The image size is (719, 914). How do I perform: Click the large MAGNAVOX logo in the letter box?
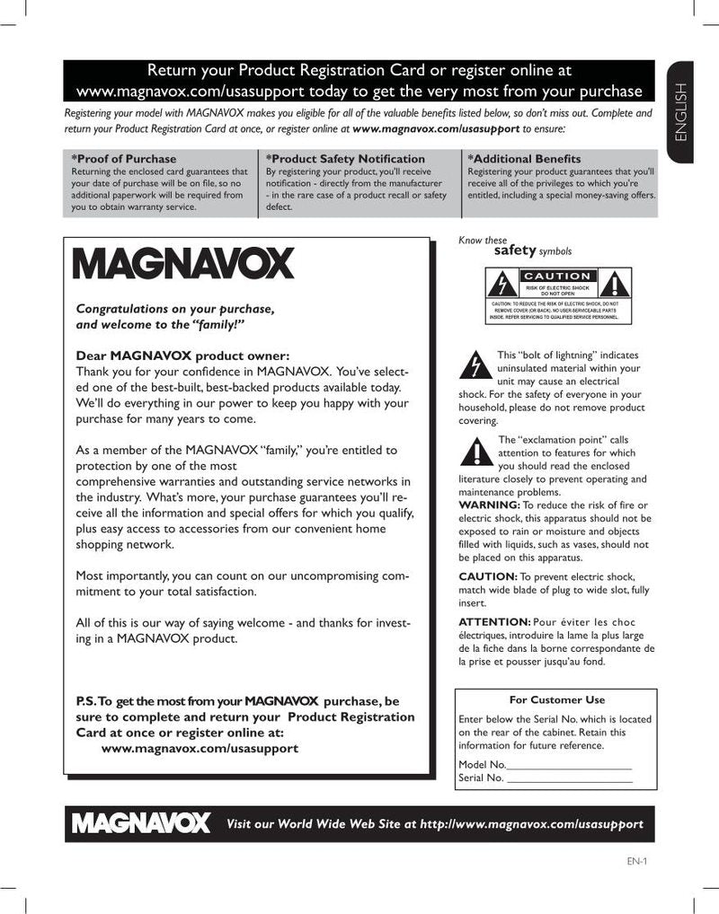point(183,262)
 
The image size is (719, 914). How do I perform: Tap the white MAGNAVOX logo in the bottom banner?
point(142,822)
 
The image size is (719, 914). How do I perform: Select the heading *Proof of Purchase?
point(124,159)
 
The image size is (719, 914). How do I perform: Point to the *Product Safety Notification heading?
point(345,159)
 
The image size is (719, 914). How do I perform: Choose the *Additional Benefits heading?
point(524,159)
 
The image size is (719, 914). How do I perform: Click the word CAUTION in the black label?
point(557,276)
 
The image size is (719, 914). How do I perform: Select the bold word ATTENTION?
point(494,621)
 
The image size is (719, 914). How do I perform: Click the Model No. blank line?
point(570,764)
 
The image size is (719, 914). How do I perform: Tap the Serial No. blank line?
point(570,778)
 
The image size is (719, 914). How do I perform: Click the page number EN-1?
point(637,861)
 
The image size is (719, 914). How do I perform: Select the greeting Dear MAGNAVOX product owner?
point(182,355)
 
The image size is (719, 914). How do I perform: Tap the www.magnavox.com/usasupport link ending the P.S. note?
point(200,747)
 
